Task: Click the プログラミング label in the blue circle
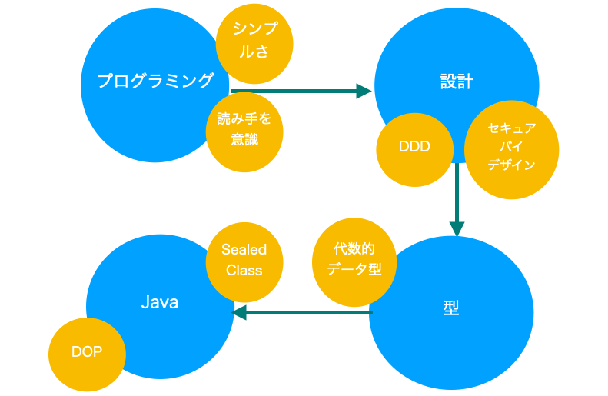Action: (x=155, y=81)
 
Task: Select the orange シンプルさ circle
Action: (x=254, y=44)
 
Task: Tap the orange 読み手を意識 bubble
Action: (x=244, y=131)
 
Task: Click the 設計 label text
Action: (x=457, y=82)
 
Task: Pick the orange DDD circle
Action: (x=414, y=150)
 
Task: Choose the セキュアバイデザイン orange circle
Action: (x=511, y=150)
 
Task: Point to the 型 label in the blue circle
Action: (x=451, y=308)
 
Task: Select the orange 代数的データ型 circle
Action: (x=354, y=262)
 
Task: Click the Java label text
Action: (x=160, y=302)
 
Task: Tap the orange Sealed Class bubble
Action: (x=244, y=262)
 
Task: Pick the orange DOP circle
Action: (x=87, y=354)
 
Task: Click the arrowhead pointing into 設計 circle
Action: (x=364, y=92)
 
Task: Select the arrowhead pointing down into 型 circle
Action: (x=457, y=229)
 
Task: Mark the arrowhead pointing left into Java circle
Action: (x=239, y=312)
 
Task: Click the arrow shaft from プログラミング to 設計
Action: (x=294, y=92)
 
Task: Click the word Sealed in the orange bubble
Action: (x=244, y=249)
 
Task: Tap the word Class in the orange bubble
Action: (x=244, y=271)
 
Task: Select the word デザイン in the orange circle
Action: (x=511, y=165)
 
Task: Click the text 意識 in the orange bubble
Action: (x=244, y=139)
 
